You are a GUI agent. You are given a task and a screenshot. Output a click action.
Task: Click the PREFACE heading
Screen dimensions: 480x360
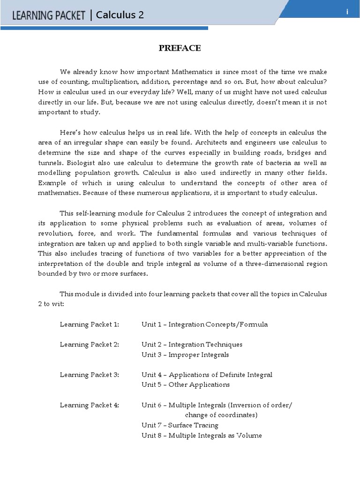pos(180,48)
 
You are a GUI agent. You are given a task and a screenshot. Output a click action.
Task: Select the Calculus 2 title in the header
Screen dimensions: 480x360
pos(120,15)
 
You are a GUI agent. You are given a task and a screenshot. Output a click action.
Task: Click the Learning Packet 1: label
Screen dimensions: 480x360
pos(90,324)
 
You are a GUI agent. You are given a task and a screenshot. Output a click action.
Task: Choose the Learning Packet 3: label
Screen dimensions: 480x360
pos(90,375)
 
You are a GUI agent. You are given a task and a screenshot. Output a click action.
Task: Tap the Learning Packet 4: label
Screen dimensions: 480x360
pos(90,405)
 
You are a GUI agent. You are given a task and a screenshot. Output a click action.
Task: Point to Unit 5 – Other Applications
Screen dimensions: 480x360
pos(186,384)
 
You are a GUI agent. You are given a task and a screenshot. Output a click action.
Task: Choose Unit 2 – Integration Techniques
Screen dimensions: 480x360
pos(192,345)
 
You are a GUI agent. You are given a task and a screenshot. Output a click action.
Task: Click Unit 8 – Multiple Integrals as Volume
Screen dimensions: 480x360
pos(202,435)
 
